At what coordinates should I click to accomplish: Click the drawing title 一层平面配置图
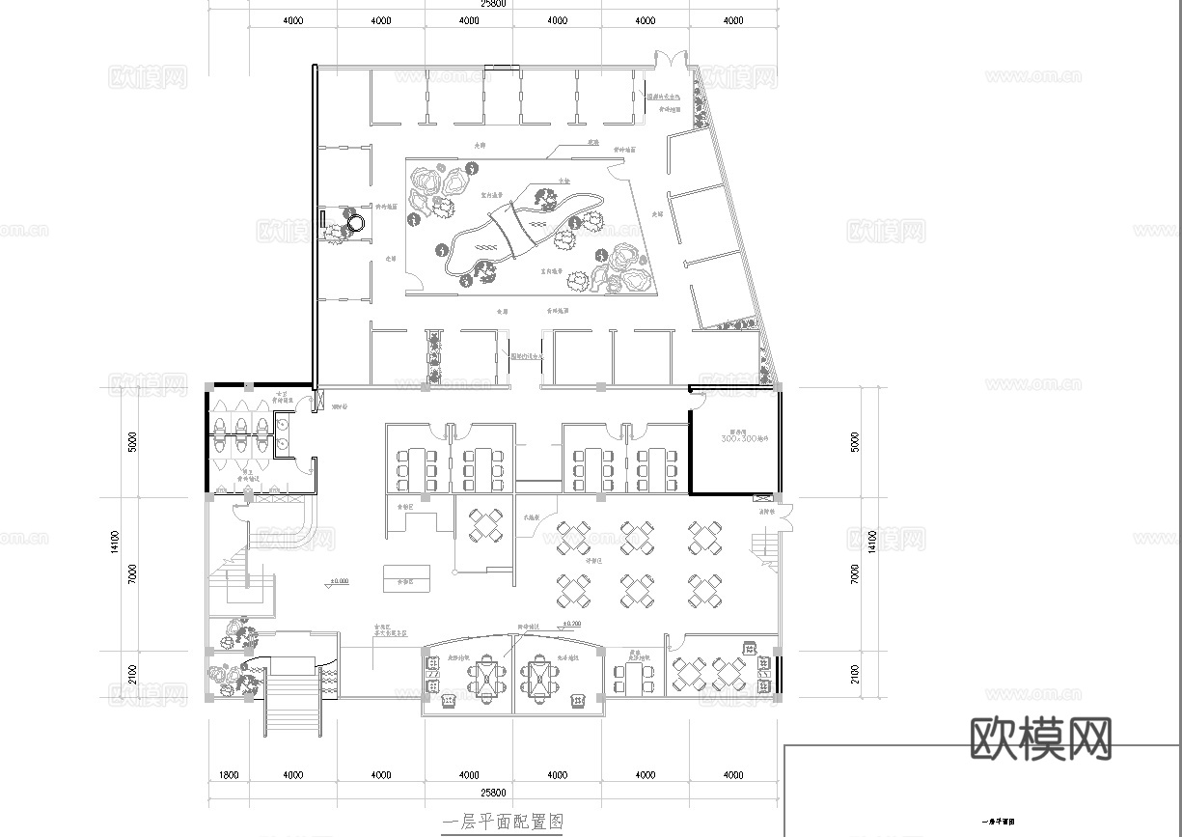pos(501,822)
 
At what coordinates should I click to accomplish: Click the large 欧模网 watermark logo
pos(1039,739)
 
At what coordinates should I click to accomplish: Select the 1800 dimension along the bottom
pos(230,774)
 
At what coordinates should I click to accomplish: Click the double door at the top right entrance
pos(667,60)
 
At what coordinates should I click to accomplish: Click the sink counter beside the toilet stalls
pos(285,432)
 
